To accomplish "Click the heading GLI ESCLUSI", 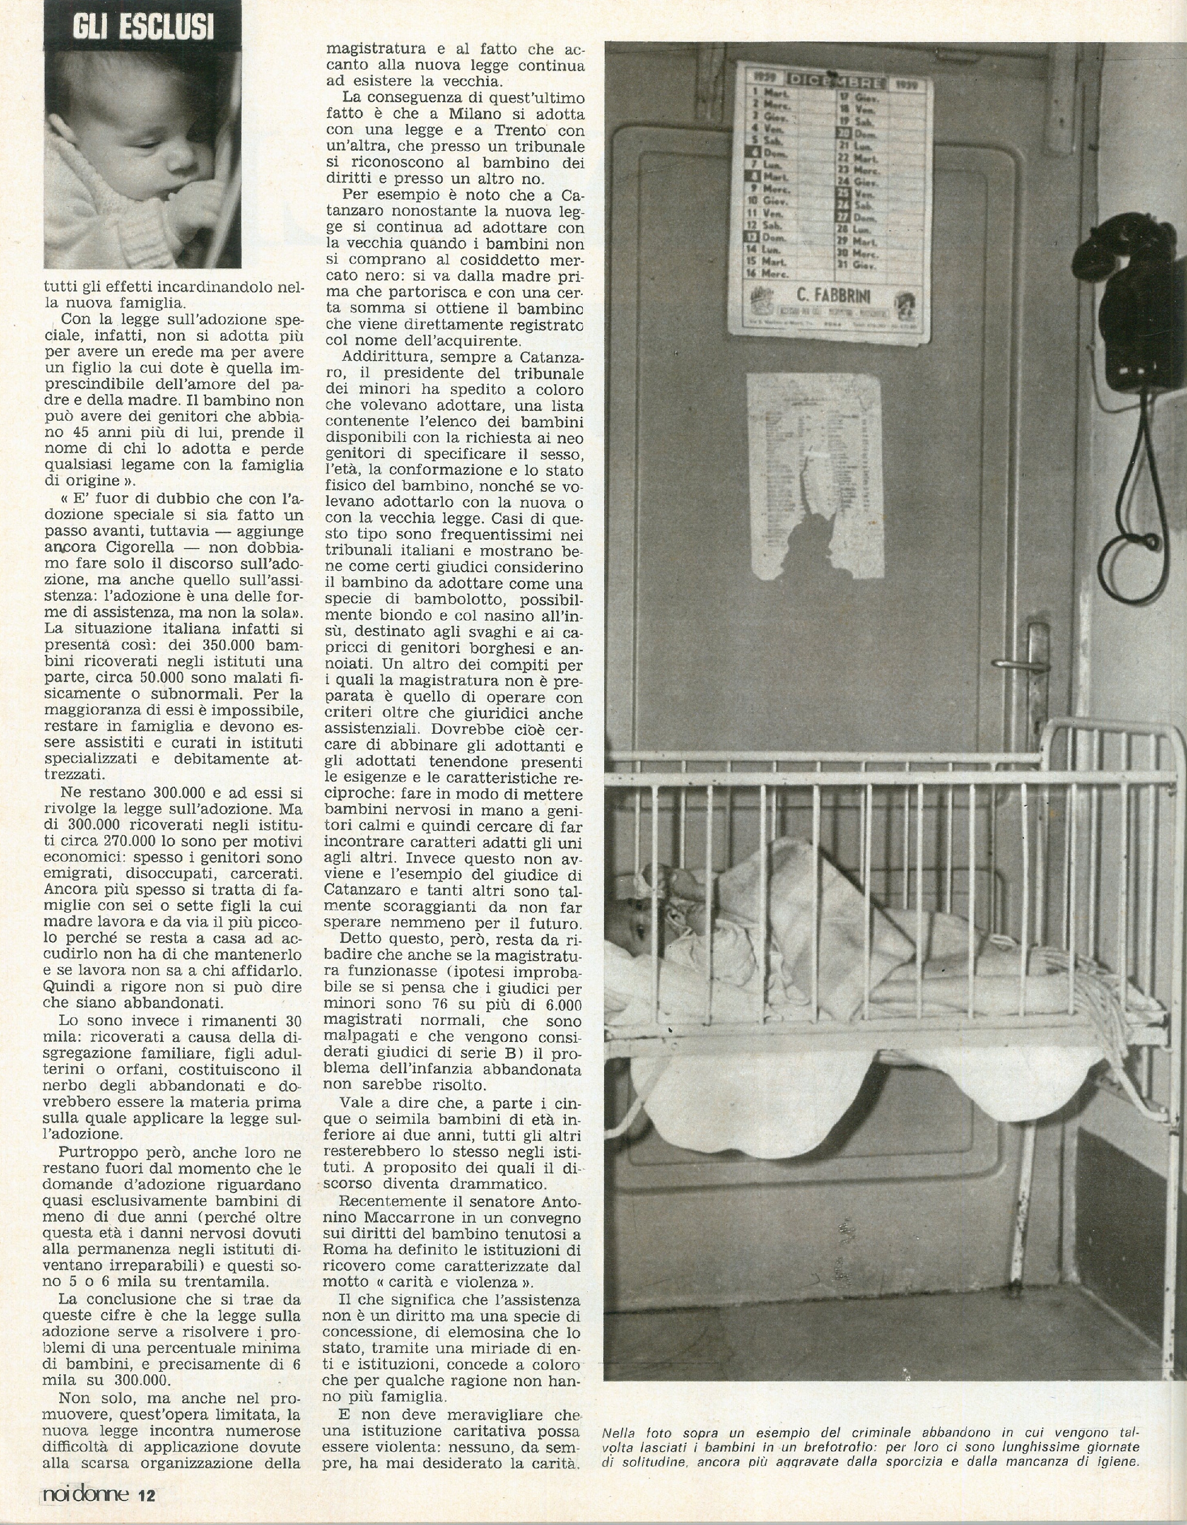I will pos(143,28).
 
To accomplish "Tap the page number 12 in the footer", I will pos(147,1497).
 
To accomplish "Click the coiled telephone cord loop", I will pos(1134,559).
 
